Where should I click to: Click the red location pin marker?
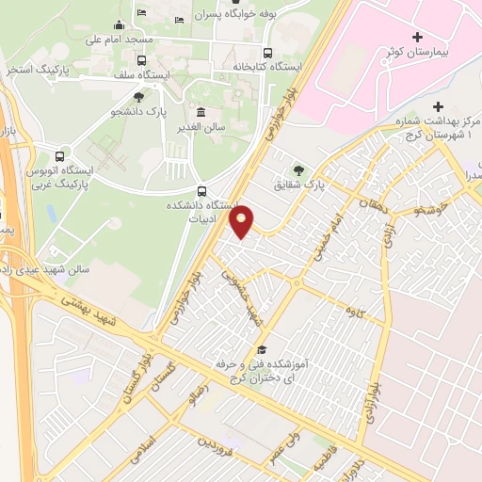click(243, 220)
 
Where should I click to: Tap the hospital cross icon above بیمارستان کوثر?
click(417, 35)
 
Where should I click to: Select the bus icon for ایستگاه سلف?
click(141, 60)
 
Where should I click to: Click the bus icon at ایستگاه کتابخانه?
click(267, 53)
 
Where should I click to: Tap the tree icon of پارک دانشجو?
click(139, 96)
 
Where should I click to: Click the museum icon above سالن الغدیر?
click(201, 111)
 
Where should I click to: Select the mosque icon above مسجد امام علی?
click(119, 25)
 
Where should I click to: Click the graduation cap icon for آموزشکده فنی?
click(261, 349)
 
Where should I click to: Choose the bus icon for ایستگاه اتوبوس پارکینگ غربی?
click(60, 155)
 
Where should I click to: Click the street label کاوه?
click(353, 309)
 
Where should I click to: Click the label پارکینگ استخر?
click(37, 70)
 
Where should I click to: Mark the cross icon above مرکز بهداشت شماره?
click(439, 106)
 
